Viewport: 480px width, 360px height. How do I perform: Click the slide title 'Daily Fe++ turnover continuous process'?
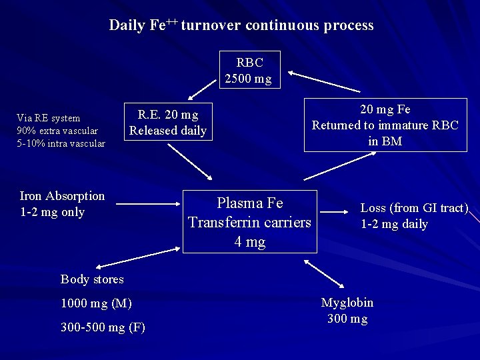tap(241, 25)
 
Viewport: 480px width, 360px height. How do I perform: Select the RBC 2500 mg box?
tap(249, 70)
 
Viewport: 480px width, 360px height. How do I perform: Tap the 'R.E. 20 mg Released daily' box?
tap(168, 122)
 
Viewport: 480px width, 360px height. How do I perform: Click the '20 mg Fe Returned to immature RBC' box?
tap(385, 125)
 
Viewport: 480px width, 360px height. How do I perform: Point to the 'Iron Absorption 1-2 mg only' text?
tap(62, 204)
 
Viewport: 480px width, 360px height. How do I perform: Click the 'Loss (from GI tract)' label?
tap(414, 208)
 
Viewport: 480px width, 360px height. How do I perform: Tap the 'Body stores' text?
tap(92, 279)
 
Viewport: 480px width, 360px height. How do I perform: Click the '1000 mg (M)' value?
tap(96, 303)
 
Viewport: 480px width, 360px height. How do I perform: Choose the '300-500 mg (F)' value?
tap(103, 327)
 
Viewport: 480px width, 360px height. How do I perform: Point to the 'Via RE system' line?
tap(48, 118)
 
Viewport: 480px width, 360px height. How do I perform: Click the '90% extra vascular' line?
tap(57, 131)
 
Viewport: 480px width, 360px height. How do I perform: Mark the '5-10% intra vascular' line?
tap(61, 143)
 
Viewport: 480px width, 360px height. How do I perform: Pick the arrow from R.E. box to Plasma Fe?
tap(189, 161)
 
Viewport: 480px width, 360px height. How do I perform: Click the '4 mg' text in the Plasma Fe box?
tap(250, 241)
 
